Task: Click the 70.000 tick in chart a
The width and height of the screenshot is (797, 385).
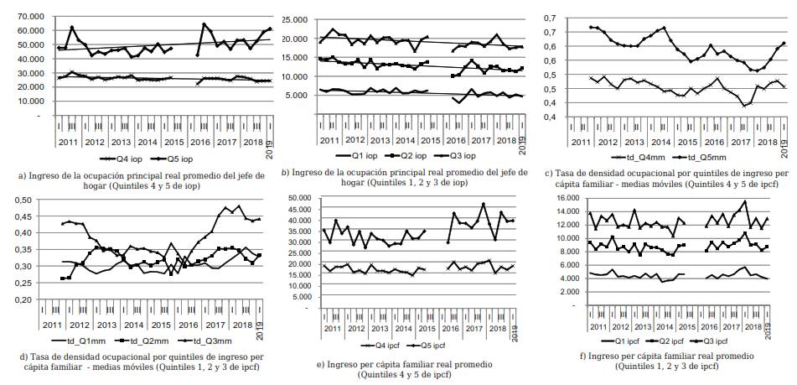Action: pyautogui.click(x=29, y=17)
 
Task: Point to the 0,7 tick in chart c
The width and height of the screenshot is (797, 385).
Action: pyautogui.click(x=551, y=18)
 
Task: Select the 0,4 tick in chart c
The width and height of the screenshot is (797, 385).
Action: pyautogui.click(x=551, y=116)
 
